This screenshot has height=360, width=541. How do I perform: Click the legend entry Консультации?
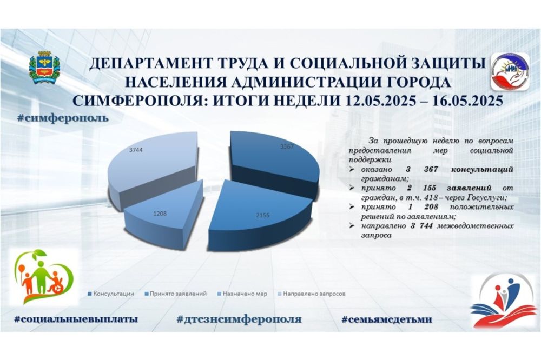[111, 294]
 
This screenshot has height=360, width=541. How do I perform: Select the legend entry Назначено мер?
[242, 294]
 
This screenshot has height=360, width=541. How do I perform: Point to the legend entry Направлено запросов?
[312, 294]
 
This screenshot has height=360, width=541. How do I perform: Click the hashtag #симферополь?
[63, 118]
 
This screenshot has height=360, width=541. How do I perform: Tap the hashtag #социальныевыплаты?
[76, 319]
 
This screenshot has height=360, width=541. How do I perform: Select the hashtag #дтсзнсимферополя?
[239, 319]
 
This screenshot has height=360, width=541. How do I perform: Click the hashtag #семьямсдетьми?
[387, 319]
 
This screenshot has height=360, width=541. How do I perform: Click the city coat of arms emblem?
[44, 68]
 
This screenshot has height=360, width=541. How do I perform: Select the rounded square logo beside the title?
[510, 72]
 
